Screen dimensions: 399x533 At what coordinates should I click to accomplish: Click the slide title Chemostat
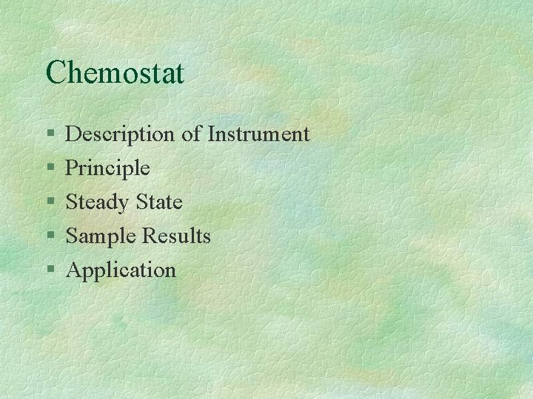tap(115, 72)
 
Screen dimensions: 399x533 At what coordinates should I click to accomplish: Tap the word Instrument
tap(258, 134)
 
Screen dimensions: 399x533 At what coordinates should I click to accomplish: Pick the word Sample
tap(102, 236)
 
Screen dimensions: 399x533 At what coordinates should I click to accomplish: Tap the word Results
tap(177, 236)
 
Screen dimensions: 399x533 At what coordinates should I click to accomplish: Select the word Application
tap(121, 270)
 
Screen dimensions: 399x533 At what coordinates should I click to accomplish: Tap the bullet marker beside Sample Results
tap(49, 236)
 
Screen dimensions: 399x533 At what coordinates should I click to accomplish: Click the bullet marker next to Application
tap(49, 270)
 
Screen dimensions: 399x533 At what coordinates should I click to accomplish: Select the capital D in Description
tap(74, 134)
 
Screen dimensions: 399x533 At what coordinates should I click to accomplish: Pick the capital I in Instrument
tap(212, 134)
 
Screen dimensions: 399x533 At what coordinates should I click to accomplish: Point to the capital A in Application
tap(74, 270)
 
